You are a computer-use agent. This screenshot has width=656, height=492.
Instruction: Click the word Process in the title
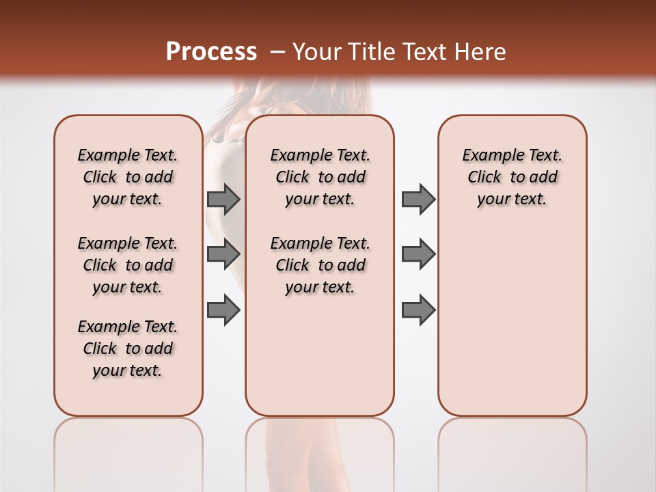(211, 51)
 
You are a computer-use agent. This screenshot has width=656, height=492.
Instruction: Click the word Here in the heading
(481, 52)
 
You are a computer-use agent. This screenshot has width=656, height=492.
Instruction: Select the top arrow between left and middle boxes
(223, 199)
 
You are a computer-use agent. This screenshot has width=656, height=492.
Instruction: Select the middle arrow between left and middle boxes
(223, 254)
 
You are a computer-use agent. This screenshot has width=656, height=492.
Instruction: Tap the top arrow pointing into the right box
(418, 199)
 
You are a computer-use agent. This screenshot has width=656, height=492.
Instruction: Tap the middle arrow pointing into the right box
(418, 254)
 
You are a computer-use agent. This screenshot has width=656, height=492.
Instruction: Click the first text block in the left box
(128, 177)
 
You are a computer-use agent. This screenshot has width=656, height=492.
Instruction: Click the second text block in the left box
(128, 265)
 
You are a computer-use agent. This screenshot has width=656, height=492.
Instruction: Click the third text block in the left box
(128, 348)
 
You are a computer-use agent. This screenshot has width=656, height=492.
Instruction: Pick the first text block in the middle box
(320, 177)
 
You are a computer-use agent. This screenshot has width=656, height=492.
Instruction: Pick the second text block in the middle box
(320, 265)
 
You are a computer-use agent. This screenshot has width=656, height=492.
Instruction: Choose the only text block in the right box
(512, 177)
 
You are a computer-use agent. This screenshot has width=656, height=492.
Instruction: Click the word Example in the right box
(488, 155)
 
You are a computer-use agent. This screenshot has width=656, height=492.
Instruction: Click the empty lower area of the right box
(512, 328)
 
